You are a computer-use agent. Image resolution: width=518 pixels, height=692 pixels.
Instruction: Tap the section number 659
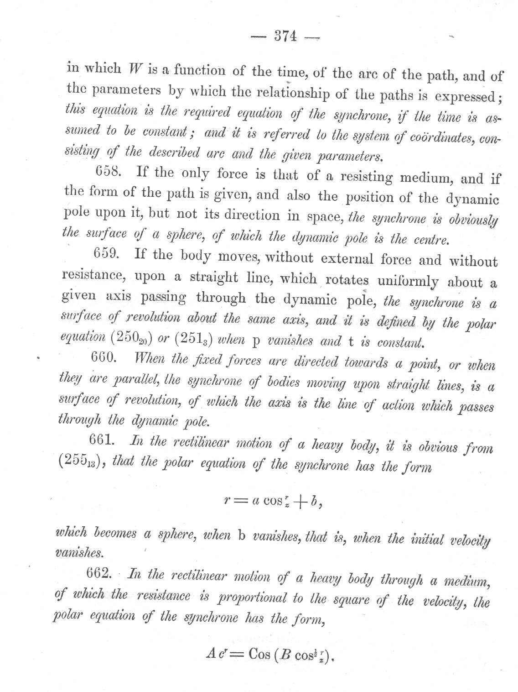tap(106, 254)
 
